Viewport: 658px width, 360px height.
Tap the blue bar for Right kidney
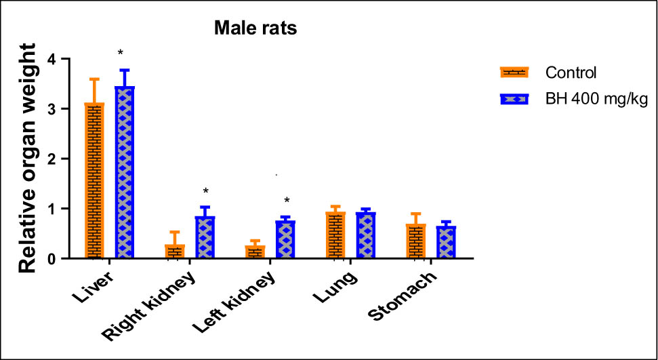205,237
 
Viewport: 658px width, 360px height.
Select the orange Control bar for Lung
335,235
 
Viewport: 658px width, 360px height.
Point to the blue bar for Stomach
445,242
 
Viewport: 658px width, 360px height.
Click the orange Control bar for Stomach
415,241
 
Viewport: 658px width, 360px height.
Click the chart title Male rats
256,28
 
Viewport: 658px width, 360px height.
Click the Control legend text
571,73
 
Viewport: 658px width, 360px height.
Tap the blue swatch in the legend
518,98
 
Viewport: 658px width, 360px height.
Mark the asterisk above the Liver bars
120,54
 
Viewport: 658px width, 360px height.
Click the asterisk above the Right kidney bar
205,192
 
